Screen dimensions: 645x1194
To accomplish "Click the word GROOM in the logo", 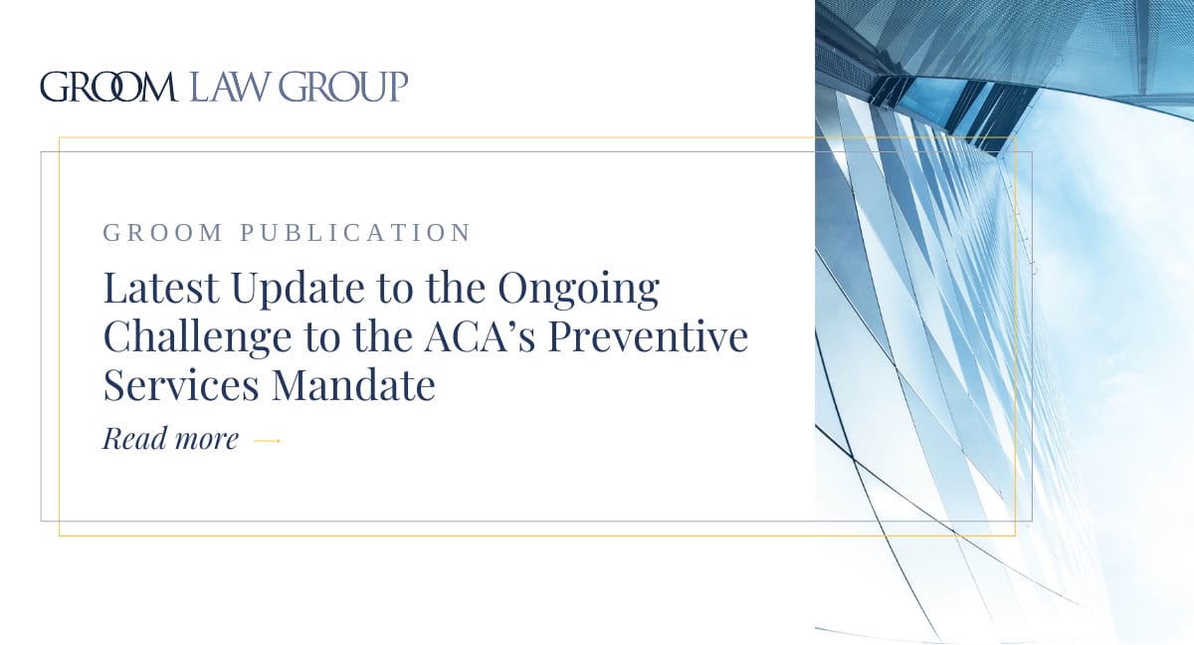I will coord(107,88).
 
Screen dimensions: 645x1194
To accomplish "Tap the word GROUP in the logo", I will coord(343,88).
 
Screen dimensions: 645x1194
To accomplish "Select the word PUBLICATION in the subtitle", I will coord(355,234).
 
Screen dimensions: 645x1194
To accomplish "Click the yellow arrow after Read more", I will coord(268,440).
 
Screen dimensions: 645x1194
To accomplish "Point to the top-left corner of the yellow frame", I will coord(60,137).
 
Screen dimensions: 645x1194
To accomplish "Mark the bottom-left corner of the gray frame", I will coord(41,521).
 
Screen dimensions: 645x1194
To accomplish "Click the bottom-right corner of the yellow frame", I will coord(1015,536).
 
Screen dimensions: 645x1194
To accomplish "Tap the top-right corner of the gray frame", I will coord(1032,152).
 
